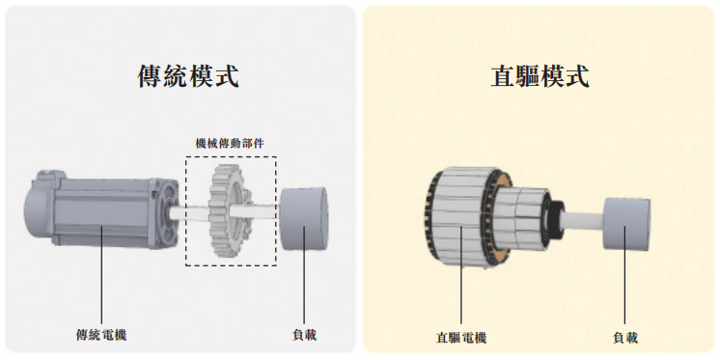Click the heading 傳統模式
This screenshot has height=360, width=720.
[188, 76]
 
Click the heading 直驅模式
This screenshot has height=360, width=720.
[540, 76]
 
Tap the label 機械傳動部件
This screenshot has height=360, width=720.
[230, 144]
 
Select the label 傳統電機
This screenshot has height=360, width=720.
[101, 335]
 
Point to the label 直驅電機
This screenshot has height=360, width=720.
[461, 339]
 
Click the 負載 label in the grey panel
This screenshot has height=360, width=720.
[304, 335]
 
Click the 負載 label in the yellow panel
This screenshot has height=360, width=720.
[625, 339]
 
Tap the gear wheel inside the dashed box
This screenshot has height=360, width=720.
[230, 210]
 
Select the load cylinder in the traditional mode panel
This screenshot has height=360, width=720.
[303, 218]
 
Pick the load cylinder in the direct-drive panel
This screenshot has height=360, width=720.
[625, 224]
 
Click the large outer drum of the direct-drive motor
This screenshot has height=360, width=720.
[459, 218]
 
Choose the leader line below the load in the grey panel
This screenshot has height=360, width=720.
[304, 275]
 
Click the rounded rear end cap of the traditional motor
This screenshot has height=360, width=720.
[38, 208]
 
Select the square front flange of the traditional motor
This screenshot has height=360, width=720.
[164, 212]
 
